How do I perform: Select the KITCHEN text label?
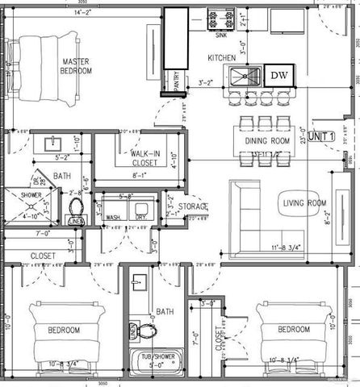coord(221,58)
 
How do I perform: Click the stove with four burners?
coord(220,17)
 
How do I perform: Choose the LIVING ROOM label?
coord(303,202)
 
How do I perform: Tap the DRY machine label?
coord(140,217)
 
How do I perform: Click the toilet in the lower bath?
coord(144,331)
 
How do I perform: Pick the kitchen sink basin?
coord(246,77)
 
